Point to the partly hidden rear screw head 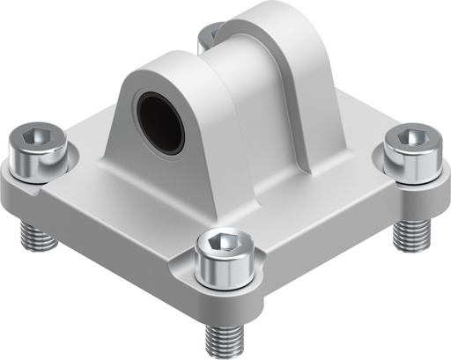click(x=208, y=35)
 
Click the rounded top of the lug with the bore click(x=172, y=69)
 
